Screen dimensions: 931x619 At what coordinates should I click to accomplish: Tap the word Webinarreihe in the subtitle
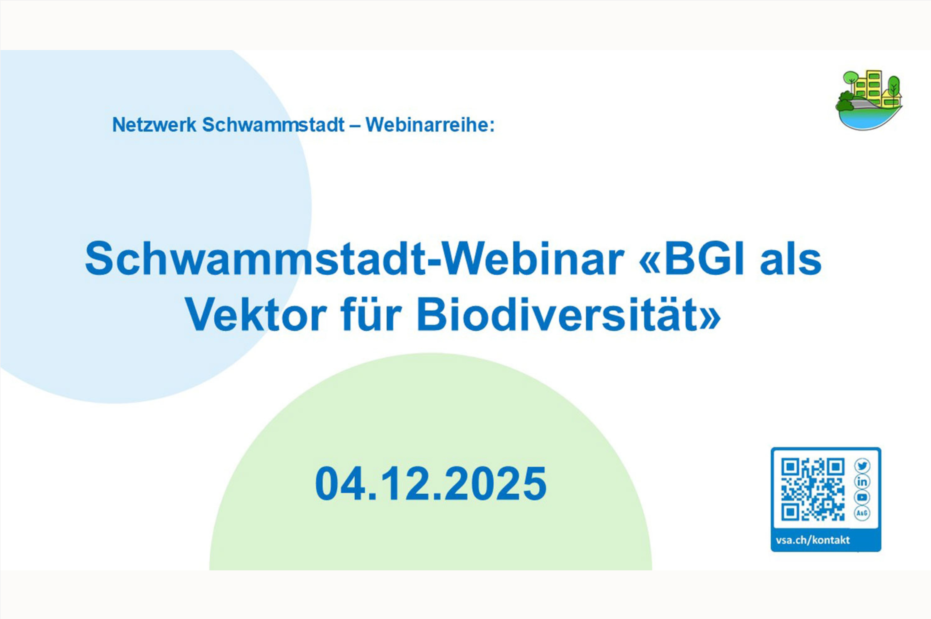tap(430, 125)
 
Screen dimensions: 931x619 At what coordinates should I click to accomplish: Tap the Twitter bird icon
tap(862, 466)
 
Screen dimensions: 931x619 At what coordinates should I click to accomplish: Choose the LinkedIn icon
tap(862, 482)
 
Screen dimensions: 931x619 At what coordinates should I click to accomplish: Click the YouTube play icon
tap(862, 497)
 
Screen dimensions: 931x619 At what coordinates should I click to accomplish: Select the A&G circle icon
tap(862, 513)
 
